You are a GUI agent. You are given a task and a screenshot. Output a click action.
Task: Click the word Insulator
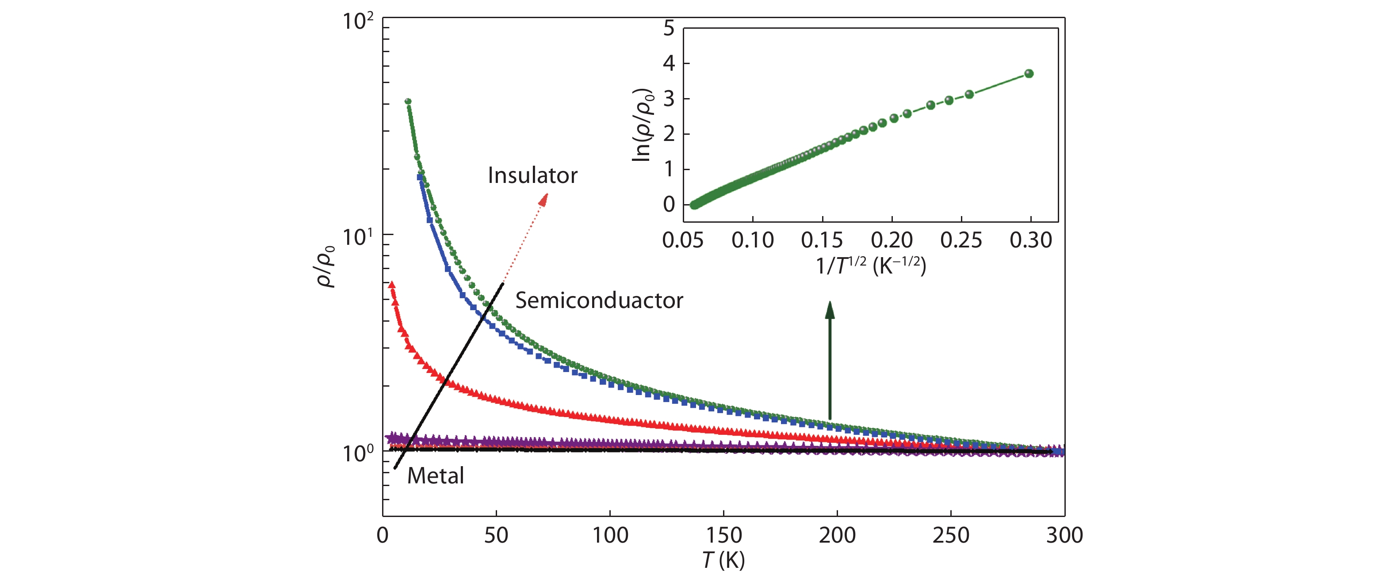pyautogui.click(x=532, y=176)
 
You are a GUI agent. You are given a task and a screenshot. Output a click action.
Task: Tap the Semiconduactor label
pyautogui.click(x=599, y=300)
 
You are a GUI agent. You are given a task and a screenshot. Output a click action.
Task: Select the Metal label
pyautogui.click(x=435, y=475)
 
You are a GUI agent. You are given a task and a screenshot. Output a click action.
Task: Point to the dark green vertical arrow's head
pyautogui.click(x=830, y=310)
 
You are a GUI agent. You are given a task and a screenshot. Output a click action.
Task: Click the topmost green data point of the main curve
pyautogui.click(x=408, y=102)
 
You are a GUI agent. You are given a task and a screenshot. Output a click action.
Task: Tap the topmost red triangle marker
pyautogui.click(x=391, y=284)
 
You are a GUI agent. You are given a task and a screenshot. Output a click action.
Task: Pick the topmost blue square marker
pyautogui.click(x=420, y=177)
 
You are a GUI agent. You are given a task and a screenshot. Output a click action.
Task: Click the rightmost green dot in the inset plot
pyautogui.click(x=1029, y=73)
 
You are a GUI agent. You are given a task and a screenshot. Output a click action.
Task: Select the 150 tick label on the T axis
pyautogui.click(x=723, y=536)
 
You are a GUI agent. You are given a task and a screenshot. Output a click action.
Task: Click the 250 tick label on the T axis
pyautogui.click(x=951, y=536)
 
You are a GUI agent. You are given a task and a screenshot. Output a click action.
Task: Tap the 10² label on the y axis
pyautogui.click(x=357, y=22)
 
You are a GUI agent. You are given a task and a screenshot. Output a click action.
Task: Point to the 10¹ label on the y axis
pyautogui.click(x=357, y=237)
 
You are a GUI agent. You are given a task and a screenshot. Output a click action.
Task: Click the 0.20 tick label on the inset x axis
pyautogui.click(x=892, y=240)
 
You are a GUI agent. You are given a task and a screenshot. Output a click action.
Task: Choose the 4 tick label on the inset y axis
pyautogui.click(x=669, y=63)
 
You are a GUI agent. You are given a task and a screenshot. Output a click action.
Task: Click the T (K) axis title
pyautogui.click(x=723, y=560)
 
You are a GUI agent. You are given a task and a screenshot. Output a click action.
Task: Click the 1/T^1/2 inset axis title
pyautogui.click(x=871, y=266)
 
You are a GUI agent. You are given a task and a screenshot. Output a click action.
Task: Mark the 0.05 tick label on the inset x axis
pyautogui.click(x=683, y=240)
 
